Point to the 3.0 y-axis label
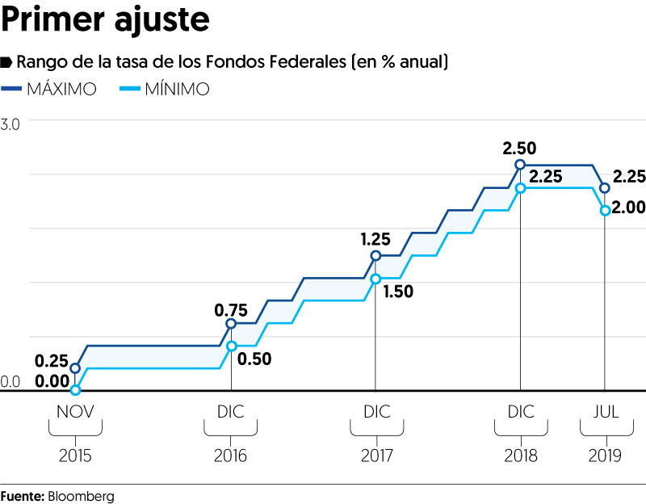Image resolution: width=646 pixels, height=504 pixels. (x=11, y=124)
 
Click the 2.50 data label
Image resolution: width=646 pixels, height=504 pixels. (x=519, y=149)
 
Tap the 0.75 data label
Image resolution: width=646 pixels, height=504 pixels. (x=231, y=309)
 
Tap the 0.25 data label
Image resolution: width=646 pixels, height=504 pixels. (x=52, y=360)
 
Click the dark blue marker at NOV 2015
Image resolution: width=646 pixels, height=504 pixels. (x=75, y=368)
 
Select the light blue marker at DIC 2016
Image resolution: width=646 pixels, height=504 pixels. (x=232, y=346)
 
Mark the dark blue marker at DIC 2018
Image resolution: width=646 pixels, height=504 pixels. (x=521, y=165)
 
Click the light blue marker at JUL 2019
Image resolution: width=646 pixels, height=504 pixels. (x=604, y=210)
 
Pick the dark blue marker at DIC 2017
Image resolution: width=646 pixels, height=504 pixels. (x=375, y=255)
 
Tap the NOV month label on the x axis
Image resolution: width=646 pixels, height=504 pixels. (x=75, y=412)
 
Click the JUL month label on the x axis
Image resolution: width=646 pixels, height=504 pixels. (x=605, y=412)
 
